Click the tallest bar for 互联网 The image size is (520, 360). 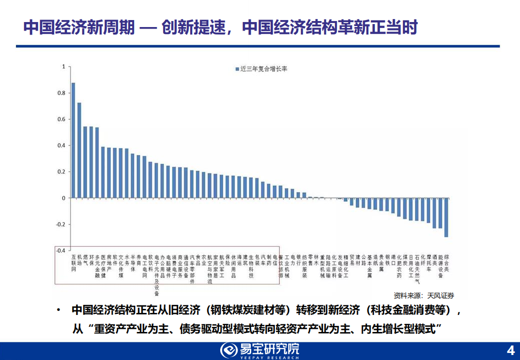pos(73,140)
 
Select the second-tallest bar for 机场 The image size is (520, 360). pos(79,150)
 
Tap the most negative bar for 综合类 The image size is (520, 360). pos(446,217)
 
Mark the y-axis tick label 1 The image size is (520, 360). pos(64,67)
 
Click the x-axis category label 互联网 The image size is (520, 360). pos(73,262)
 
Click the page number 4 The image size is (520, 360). pos(510,349)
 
